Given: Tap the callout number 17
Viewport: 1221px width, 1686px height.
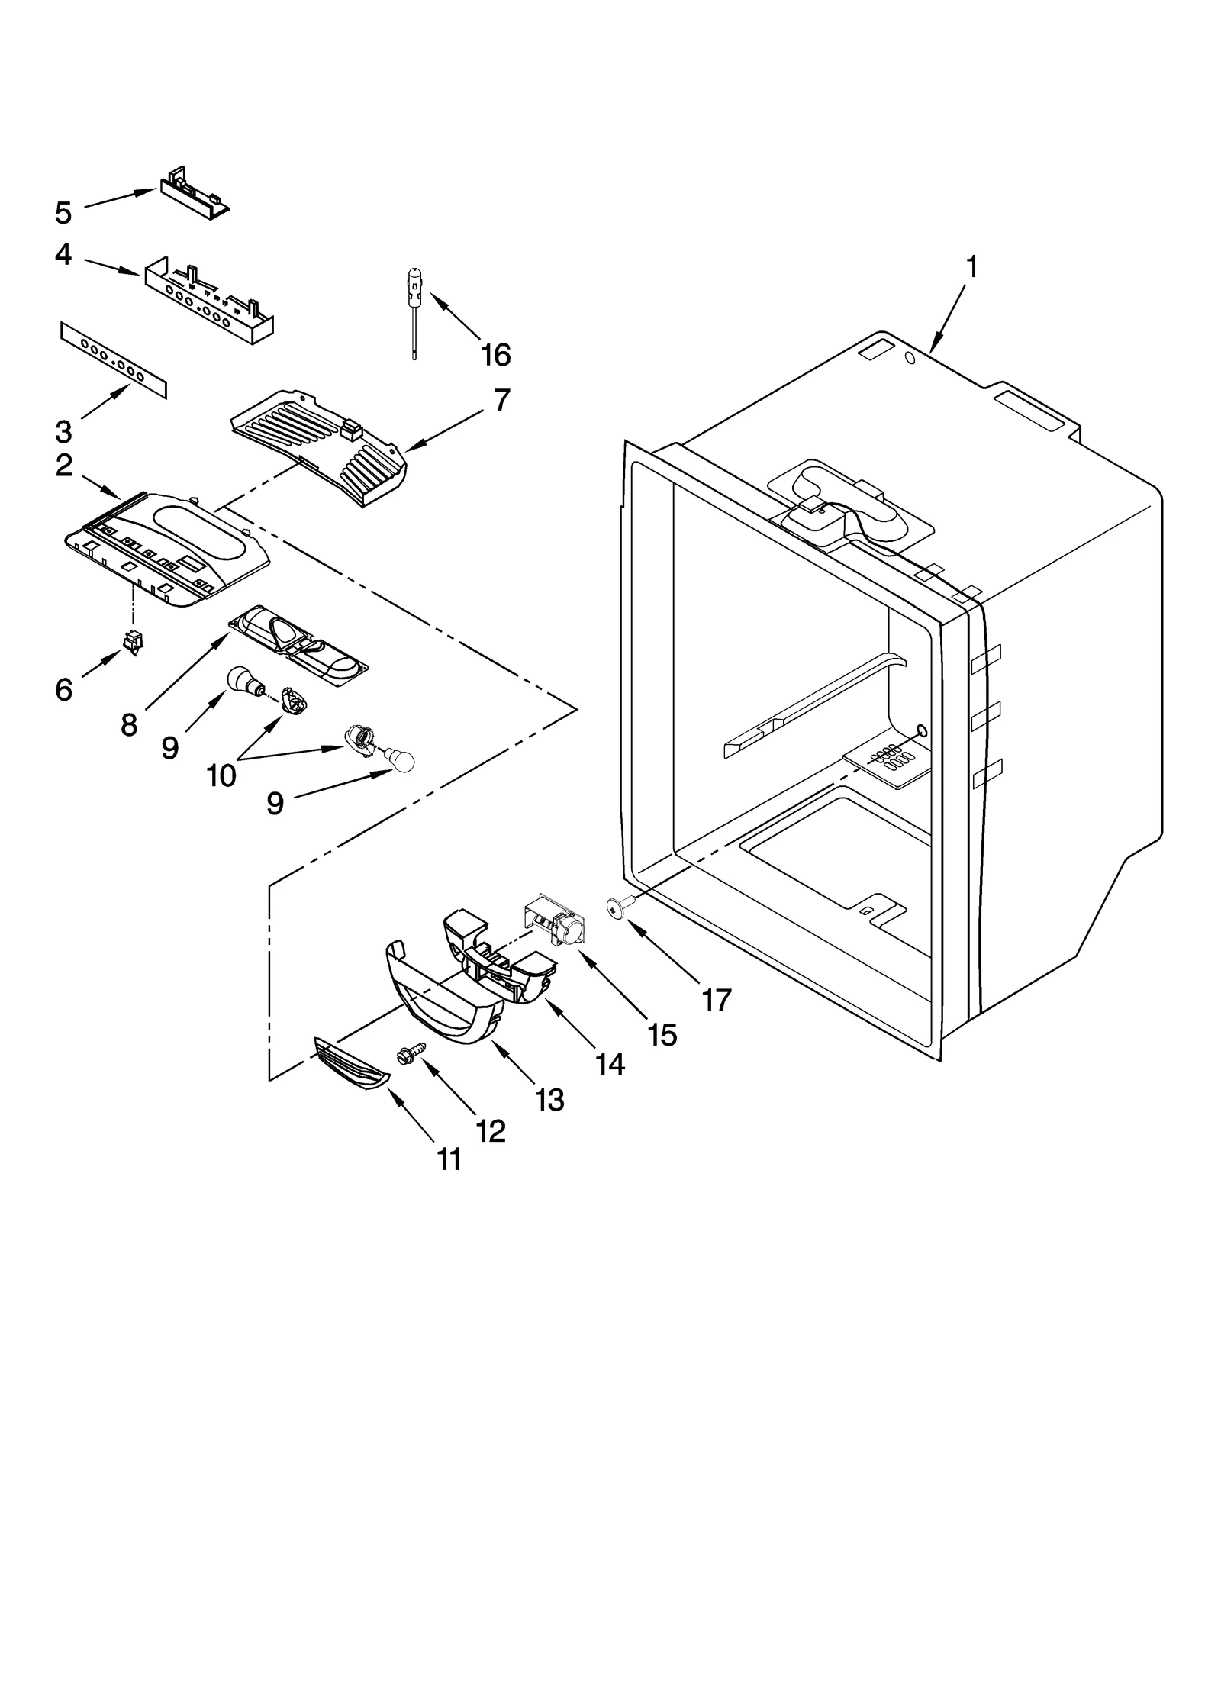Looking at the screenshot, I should [x=717, y=998].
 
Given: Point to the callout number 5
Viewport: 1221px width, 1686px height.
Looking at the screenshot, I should [x=63, y=213].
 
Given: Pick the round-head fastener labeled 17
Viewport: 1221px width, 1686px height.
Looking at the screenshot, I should [x=614, y=906].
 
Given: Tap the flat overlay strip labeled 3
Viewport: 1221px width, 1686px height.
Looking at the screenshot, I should [x=113, y=359].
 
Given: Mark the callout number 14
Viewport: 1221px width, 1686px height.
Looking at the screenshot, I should [x=610, y=1063].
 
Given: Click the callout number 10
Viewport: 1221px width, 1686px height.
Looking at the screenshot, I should [x=221, y=775].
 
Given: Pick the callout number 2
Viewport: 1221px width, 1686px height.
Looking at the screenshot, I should [x=64, y=465].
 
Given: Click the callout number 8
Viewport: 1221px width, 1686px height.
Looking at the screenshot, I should [x=129, y=724].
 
